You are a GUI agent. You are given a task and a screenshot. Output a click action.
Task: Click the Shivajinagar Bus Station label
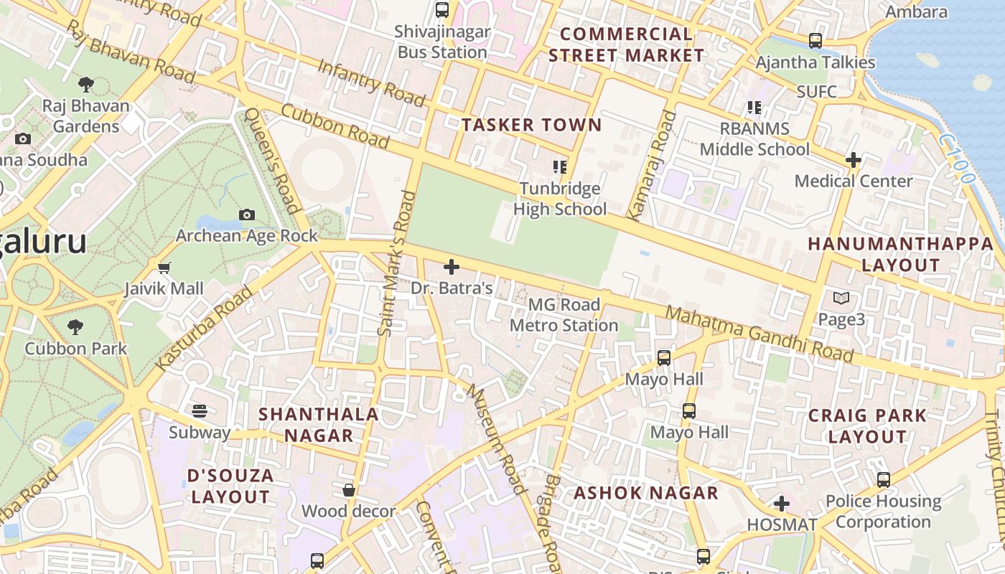click(443, 42)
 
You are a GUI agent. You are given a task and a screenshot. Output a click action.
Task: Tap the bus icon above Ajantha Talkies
click(815, 41)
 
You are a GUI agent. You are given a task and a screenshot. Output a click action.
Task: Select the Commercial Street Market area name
click(626, 44)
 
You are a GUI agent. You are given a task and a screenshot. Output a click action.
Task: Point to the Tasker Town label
click(531, 125)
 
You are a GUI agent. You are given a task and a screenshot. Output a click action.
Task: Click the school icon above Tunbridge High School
click(560, 167)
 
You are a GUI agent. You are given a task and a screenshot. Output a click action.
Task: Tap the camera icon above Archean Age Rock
click(246, 215)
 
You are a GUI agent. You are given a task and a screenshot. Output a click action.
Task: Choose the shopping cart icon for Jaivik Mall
click(164, 268)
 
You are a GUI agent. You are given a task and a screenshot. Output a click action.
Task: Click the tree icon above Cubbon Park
click(75, 328)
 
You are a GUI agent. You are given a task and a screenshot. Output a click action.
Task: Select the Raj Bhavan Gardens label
click(85, 116)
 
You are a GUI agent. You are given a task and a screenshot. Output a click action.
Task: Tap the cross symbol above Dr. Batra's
click(452, 267)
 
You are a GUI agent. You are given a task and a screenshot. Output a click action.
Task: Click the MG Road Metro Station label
click(564, 315)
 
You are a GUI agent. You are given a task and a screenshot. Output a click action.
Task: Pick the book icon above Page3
click(841, 298)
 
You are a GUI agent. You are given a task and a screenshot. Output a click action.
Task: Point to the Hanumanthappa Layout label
click(900, 254)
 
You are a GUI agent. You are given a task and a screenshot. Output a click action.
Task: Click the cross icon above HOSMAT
click(782, 504)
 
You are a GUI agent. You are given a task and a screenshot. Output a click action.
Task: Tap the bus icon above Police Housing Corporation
click(884, 479)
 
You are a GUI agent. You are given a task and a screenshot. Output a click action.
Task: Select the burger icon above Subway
click(200, 411)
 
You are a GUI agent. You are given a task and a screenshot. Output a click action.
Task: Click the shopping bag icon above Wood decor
click(349, 490)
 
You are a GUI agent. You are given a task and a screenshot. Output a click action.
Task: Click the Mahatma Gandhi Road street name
click(759, 334)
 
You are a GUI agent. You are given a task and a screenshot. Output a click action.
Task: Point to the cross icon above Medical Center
click(853, 160)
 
